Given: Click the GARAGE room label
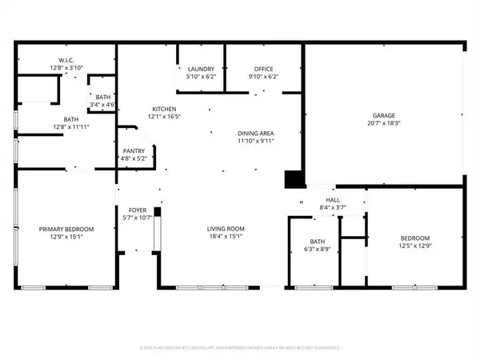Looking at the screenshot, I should pyautogui.click(x=382, y=114).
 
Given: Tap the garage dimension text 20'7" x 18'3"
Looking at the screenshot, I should pyautogui.click(x=382, y=123).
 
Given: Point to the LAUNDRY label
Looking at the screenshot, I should pyautogui.click(x=201, y=70).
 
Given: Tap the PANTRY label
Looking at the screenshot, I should pyautogui.click(x=133, y=150).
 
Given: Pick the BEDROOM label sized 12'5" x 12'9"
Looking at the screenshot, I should pyautogui.click(x=415, y=238).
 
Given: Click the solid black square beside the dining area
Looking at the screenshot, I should pyautogui.click(x=294, y=179).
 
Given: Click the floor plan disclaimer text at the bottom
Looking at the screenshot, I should pyautogui.click(x=239, y=348).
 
